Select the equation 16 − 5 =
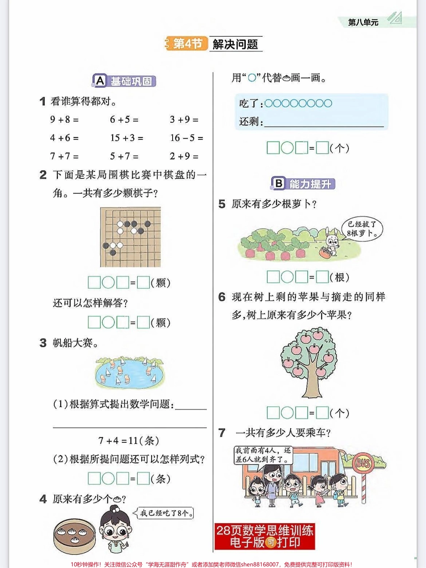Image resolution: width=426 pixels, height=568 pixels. click(186, 138)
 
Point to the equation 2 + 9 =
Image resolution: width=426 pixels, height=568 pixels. click(184, 156)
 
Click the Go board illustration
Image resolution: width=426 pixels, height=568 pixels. click(130, 236)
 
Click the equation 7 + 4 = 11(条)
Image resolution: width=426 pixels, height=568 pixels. click(129, 441)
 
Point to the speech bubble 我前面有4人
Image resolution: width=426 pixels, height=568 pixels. click(263, 455)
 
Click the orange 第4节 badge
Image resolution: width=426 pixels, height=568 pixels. click(187, 43)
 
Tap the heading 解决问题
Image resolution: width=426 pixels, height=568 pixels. click(235, 44)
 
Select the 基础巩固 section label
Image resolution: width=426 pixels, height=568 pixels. click(125, 81)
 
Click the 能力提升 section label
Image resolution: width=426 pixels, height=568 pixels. click(303, 183)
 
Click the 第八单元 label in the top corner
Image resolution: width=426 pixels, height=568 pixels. click(363, 22)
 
